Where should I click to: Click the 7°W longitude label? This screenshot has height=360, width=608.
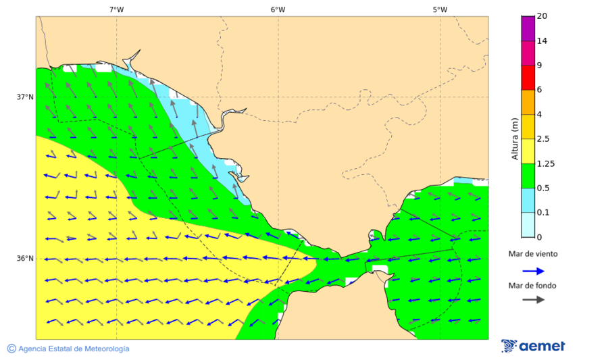click(x=116, y=9)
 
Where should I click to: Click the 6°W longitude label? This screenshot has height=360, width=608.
click(x=278, y=9)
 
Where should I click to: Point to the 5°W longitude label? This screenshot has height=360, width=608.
click(x=440, y=9)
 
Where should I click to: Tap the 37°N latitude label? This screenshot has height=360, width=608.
click(x=25, y=97)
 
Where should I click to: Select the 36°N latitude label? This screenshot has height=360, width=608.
click(x=25, y=259)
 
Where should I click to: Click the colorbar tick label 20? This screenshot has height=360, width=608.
click(x=542, y=16)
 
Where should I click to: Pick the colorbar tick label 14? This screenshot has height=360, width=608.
click(x=542, y=41)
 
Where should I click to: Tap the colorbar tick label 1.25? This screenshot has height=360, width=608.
click(x=545, y=163)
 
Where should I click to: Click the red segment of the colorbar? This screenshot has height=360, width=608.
click(x=528, y=78)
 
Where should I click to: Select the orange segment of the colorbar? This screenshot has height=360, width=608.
click(x=528, y=102)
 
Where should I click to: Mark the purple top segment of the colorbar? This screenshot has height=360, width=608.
click(x=528, y=28)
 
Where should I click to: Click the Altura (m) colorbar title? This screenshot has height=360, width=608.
click(x=515, y=138)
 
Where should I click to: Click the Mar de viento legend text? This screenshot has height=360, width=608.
click(x=533, y=254)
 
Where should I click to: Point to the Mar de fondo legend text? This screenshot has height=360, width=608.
click(x=533, y=285)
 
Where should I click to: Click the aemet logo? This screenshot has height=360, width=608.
click(x=534, y=346)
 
